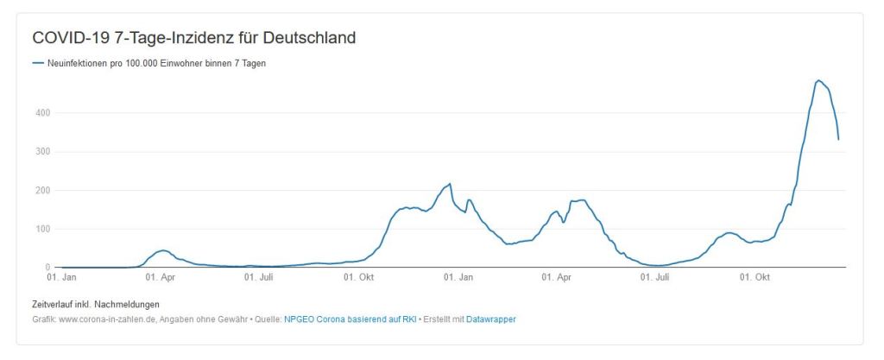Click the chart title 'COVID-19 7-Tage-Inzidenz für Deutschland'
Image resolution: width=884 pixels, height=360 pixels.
click(x=194, y=38)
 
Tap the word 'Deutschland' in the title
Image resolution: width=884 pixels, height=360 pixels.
click(x=313, y=38)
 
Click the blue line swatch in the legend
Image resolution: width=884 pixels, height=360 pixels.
click(x=37, y=63)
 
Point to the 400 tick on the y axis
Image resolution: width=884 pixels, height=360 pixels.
click(x=43, y=113)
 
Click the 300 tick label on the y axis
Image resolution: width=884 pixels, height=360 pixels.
click(x=43, y=152)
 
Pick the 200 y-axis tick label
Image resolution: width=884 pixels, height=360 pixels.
click(x=43, y=191)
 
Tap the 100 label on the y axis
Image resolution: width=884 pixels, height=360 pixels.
click(x=43, y=230)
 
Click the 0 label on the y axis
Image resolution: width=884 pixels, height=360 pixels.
click(x=48, y=268)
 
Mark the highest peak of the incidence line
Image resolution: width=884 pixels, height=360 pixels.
click(x=818, y=80)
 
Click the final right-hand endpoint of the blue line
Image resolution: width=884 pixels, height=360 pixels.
click(x=838, y=139)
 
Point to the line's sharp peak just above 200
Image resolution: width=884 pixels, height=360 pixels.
click(x=450, y=184)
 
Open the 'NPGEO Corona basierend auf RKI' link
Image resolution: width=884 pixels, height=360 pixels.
click(x=350, y=319)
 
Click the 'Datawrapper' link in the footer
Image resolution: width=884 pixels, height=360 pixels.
click(x=491, y=319)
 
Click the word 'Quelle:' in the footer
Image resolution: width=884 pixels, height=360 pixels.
click(x=268, y=319)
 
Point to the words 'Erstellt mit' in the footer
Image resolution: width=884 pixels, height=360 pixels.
click(x=443, y=319)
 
